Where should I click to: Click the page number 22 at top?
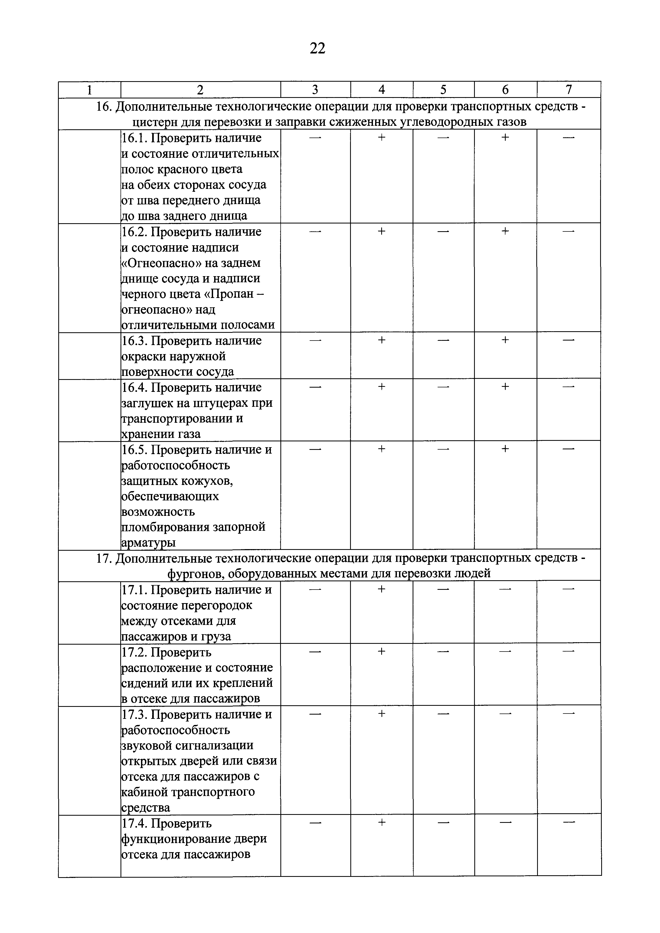click(x=317, y=49)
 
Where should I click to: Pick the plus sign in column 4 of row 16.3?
click(x=381, y=340)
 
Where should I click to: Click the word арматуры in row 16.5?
click(x=148, y=542)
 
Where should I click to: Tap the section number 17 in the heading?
click(x=103, y=559)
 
